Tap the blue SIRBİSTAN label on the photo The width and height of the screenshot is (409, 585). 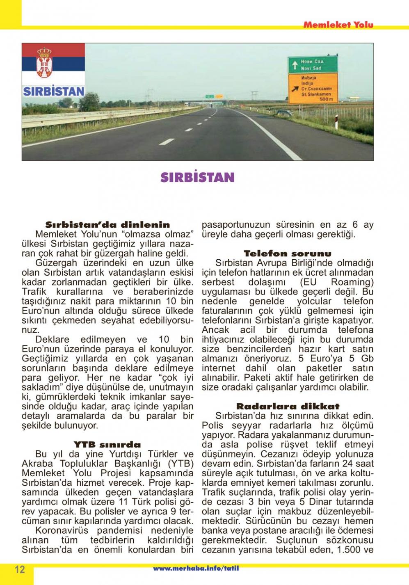coord(53,91)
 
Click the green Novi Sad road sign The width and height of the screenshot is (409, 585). coord(313,64)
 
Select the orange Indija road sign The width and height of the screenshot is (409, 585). coord(313,88)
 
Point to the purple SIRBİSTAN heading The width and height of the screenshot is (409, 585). coord(197,177)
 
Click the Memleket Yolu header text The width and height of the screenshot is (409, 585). coord(338,25)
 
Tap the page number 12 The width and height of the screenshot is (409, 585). coord(20,569)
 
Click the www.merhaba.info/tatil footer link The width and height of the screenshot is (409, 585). coord(196,569)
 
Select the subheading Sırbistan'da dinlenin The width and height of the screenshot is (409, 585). coord(107,225)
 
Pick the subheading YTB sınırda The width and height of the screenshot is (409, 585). coord(107,444)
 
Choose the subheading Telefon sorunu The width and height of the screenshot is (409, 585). coord(288,254)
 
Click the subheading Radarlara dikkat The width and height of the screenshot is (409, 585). coord(288,406)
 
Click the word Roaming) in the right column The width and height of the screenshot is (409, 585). coord(352,282)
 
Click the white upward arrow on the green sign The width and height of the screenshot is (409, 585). coord(294,65)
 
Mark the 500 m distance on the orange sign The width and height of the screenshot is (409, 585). coord(326,99)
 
